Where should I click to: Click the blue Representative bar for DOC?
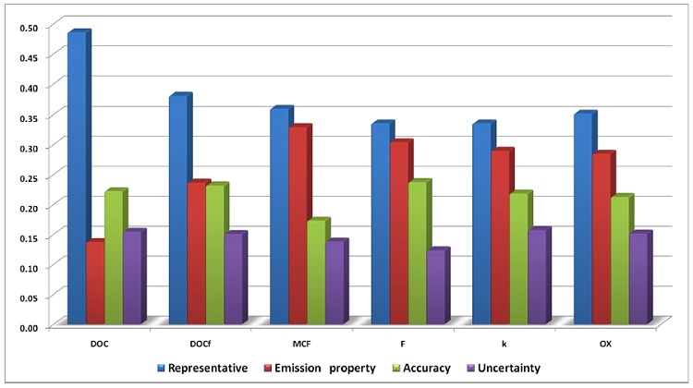(x=79, y=177)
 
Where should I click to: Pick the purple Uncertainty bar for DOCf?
(x=236, y=277)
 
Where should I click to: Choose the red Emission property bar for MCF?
(x=300, y=224)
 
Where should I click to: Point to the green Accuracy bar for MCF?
(x=319, y=271)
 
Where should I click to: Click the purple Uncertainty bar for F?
(x=438, y=285)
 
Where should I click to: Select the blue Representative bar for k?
(x=484, y=223)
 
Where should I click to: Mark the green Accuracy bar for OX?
(x=622, y=259)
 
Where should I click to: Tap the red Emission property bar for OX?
(x=604, y=237)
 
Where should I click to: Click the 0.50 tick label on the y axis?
(x=30, y=28)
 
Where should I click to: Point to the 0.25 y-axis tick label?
(x=30, y=177)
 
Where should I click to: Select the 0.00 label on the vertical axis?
(x=30, y=328)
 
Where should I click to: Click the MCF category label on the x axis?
(x=301, y=345)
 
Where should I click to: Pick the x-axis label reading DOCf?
(x=201, y=345)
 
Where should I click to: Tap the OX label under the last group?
(x=605, y=345)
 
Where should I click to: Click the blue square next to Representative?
(x=161, y=368)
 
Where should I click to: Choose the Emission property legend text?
(x=325, y=368)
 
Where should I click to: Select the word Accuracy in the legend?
(x=427, y=368)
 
